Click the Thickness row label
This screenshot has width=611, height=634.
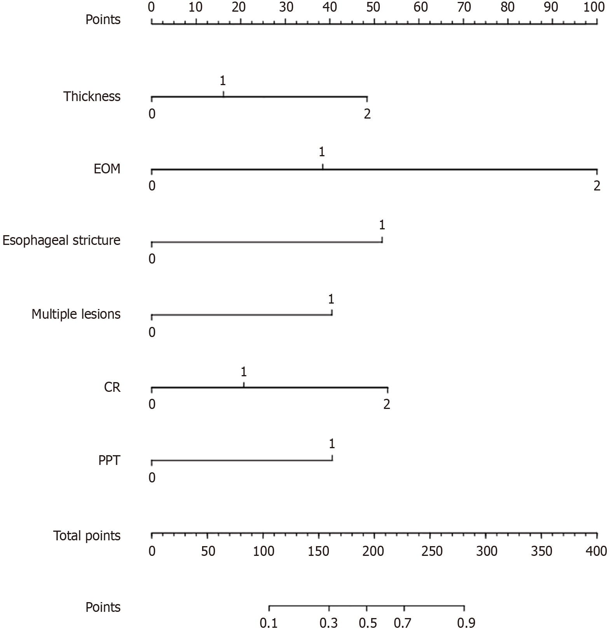pos(92,96)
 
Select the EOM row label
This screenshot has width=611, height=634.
pos(107,169)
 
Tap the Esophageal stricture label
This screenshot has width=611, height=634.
pos(61,241)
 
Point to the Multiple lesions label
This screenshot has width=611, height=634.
pos(76,314)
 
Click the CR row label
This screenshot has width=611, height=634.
pos(112,387)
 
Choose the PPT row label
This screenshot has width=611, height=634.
pos(109,461)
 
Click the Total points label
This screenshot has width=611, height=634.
pos(87,536)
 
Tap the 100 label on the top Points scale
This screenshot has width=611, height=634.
pos(594,7)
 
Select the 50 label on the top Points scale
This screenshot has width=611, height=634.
pos(374,7)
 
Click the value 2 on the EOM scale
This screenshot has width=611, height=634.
pos(597,186)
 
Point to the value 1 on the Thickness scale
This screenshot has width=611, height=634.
pos(223,81)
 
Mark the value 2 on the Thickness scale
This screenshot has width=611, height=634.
pos(367,114)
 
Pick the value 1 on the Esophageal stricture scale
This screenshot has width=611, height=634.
pos(382,225)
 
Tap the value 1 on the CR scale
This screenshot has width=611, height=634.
pos(243,372)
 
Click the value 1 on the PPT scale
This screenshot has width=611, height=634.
pos(332,444)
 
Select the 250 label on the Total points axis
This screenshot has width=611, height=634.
pos(431,551)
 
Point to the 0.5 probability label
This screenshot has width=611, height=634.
pos(367,624)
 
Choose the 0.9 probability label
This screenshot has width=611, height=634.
pos(466,624)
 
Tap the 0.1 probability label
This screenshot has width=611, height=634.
pos(269,624)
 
